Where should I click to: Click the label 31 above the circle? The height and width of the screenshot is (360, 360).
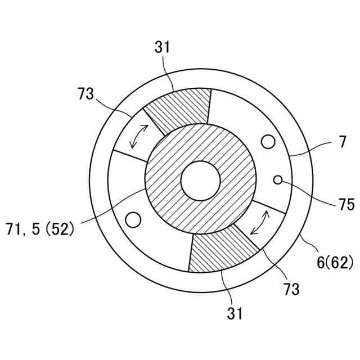click(163, 47)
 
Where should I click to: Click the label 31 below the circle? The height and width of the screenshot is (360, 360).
click(235, 313)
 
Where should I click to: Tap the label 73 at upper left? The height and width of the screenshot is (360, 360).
click(86, 94)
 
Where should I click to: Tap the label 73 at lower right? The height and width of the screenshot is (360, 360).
click(291, 289)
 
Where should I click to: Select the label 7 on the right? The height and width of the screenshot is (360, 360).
click(343, 142)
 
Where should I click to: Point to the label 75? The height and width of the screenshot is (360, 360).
click(346, 204)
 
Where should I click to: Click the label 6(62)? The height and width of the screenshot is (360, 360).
click(335, 263)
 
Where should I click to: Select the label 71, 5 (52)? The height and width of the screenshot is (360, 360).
click(40, 229)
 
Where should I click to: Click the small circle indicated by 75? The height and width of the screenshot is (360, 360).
click(278, 180)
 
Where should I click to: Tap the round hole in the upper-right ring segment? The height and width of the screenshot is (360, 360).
click(268, 142)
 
